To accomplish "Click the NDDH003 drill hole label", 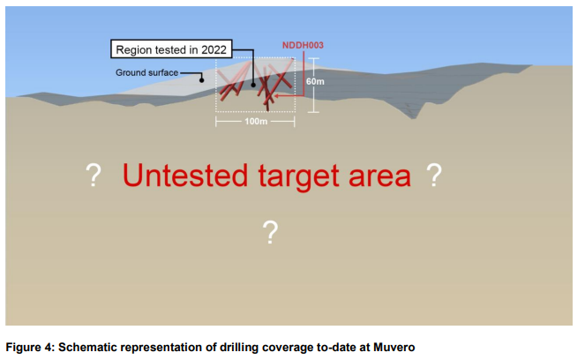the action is [303, 45].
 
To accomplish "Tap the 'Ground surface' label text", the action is [146, 72].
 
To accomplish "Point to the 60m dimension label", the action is [315, 81].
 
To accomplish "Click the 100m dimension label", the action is [256, 121].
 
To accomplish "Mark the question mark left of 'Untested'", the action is [94, 175].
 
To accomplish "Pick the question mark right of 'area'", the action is [434, 175].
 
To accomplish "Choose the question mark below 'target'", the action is [271, 232].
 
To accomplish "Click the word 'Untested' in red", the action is [185, 175].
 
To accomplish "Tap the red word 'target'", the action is [298, 177].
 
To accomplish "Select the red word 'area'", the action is [379, 177].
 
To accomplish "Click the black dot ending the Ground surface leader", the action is [201, 79].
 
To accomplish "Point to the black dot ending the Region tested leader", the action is [253, 85].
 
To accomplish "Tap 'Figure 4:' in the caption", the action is [30, 348].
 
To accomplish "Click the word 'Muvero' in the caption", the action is [394, 348].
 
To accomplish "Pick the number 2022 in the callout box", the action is [214, 49].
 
